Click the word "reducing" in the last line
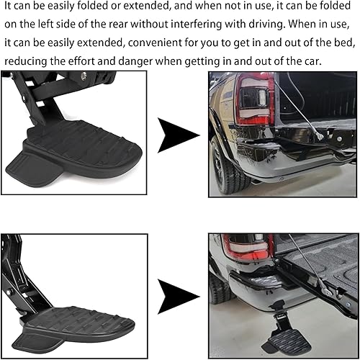click(27, 63)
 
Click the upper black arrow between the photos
click(177, 133)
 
